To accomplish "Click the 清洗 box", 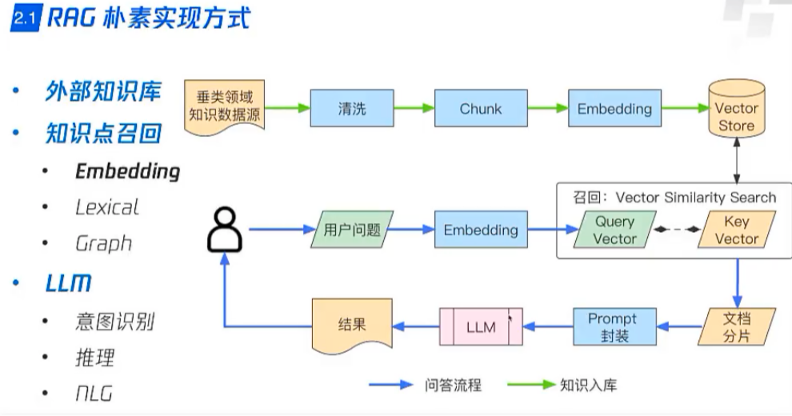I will tap(352, 109).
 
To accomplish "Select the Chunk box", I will tap(480, 109).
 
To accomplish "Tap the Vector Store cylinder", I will tap(736, 114).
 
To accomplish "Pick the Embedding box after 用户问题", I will tap(481, 230).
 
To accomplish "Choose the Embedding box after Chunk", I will tap(614, 109).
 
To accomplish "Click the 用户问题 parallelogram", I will tap(352, 230).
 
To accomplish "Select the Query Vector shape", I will tap(614, 230).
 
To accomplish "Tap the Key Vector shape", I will tap(736, 230).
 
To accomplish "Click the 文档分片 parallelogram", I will tap(736, 326).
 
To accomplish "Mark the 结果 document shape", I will tap(352, 326).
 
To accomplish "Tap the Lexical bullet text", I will tap(106, 207).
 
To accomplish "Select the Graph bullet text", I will tap(103, 243).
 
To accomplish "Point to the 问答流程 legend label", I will tap(453, 386).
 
